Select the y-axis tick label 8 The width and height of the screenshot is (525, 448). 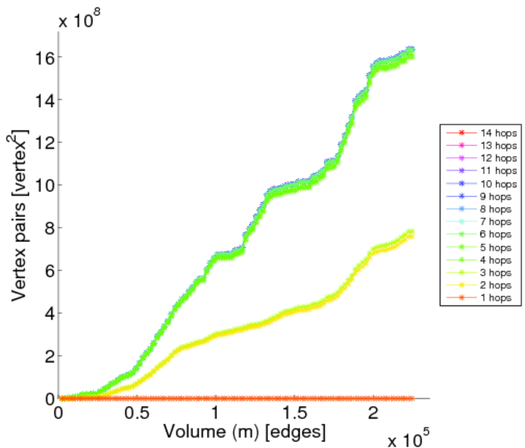pos(47,228)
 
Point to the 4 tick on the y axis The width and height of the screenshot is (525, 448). pos(47,314)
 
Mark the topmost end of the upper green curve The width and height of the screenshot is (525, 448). pos(410,50)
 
